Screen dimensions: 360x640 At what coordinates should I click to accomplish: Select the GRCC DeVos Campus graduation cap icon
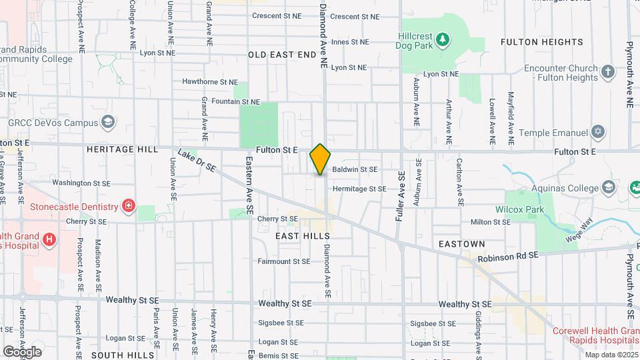pos(108,123)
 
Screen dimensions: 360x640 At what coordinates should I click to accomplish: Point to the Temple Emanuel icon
pos(598,131)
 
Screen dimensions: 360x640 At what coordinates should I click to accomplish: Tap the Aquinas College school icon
pos(608,187)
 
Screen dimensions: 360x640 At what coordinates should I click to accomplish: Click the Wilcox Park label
pos(519,209)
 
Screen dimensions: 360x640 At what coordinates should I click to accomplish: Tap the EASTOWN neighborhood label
pos(461,245)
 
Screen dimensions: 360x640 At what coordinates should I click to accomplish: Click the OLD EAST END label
pos(281,54)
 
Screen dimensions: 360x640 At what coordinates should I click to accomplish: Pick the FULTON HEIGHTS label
pos(542,42)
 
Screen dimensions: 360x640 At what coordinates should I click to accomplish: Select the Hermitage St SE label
pos(359,189)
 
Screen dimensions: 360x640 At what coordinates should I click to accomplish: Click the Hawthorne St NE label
pos(210,82)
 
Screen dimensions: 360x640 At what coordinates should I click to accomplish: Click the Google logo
pos(22,351)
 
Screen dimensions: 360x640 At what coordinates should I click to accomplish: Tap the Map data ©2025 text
pos(611,355)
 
